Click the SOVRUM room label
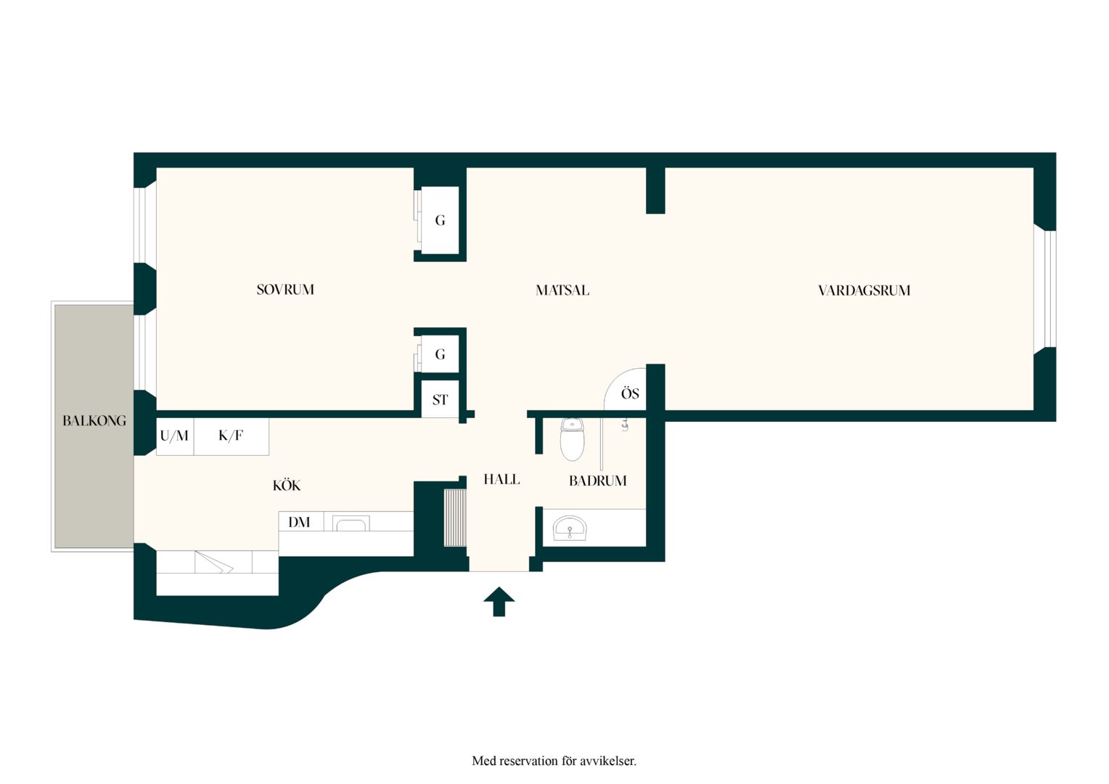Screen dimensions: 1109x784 285,290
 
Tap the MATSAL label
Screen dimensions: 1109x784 562,290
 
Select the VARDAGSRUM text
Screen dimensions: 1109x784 864,290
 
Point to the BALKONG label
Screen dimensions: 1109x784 94,421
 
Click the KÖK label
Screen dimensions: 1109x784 287,486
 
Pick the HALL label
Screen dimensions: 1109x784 502,479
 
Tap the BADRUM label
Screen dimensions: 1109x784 597,481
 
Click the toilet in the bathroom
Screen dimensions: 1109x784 572,439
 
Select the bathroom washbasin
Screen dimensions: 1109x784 569,528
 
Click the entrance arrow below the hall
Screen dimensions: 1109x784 499,602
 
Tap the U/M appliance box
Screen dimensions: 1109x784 175,436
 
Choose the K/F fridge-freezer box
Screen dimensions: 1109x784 232,436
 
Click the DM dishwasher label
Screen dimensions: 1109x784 299,522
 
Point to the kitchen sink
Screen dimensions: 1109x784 351,523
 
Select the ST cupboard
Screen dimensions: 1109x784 440,399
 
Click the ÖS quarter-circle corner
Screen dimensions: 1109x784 626,390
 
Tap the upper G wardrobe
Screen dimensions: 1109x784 440,220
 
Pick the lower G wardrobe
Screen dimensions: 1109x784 440,354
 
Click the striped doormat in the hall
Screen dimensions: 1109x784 455,518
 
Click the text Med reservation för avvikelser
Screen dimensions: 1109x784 554,760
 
